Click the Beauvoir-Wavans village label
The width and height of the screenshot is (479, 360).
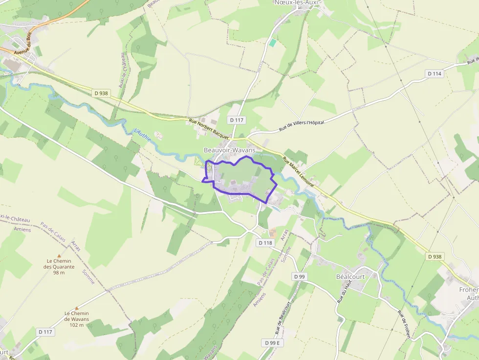[x=229, y=150]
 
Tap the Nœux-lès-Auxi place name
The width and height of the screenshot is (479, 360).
[x=296, y=3]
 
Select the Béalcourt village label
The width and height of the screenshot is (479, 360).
[x=351, y=276]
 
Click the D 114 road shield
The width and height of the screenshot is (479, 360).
[x=434, y=74]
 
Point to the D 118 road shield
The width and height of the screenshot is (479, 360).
[x=265, y=243]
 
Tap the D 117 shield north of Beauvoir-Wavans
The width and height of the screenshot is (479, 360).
[x=237, y=120]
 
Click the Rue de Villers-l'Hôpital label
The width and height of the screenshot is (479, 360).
[x=302, y=126]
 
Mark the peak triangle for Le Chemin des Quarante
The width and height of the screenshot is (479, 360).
[x=59, y=255]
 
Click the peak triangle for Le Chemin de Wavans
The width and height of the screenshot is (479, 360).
[x=76, y=308]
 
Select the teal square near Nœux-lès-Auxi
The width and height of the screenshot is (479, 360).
[x=273, y=43]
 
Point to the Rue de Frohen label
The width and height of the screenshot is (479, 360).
[x=404, y=325]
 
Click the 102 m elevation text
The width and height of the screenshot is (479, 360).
[x=76, y=325]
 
